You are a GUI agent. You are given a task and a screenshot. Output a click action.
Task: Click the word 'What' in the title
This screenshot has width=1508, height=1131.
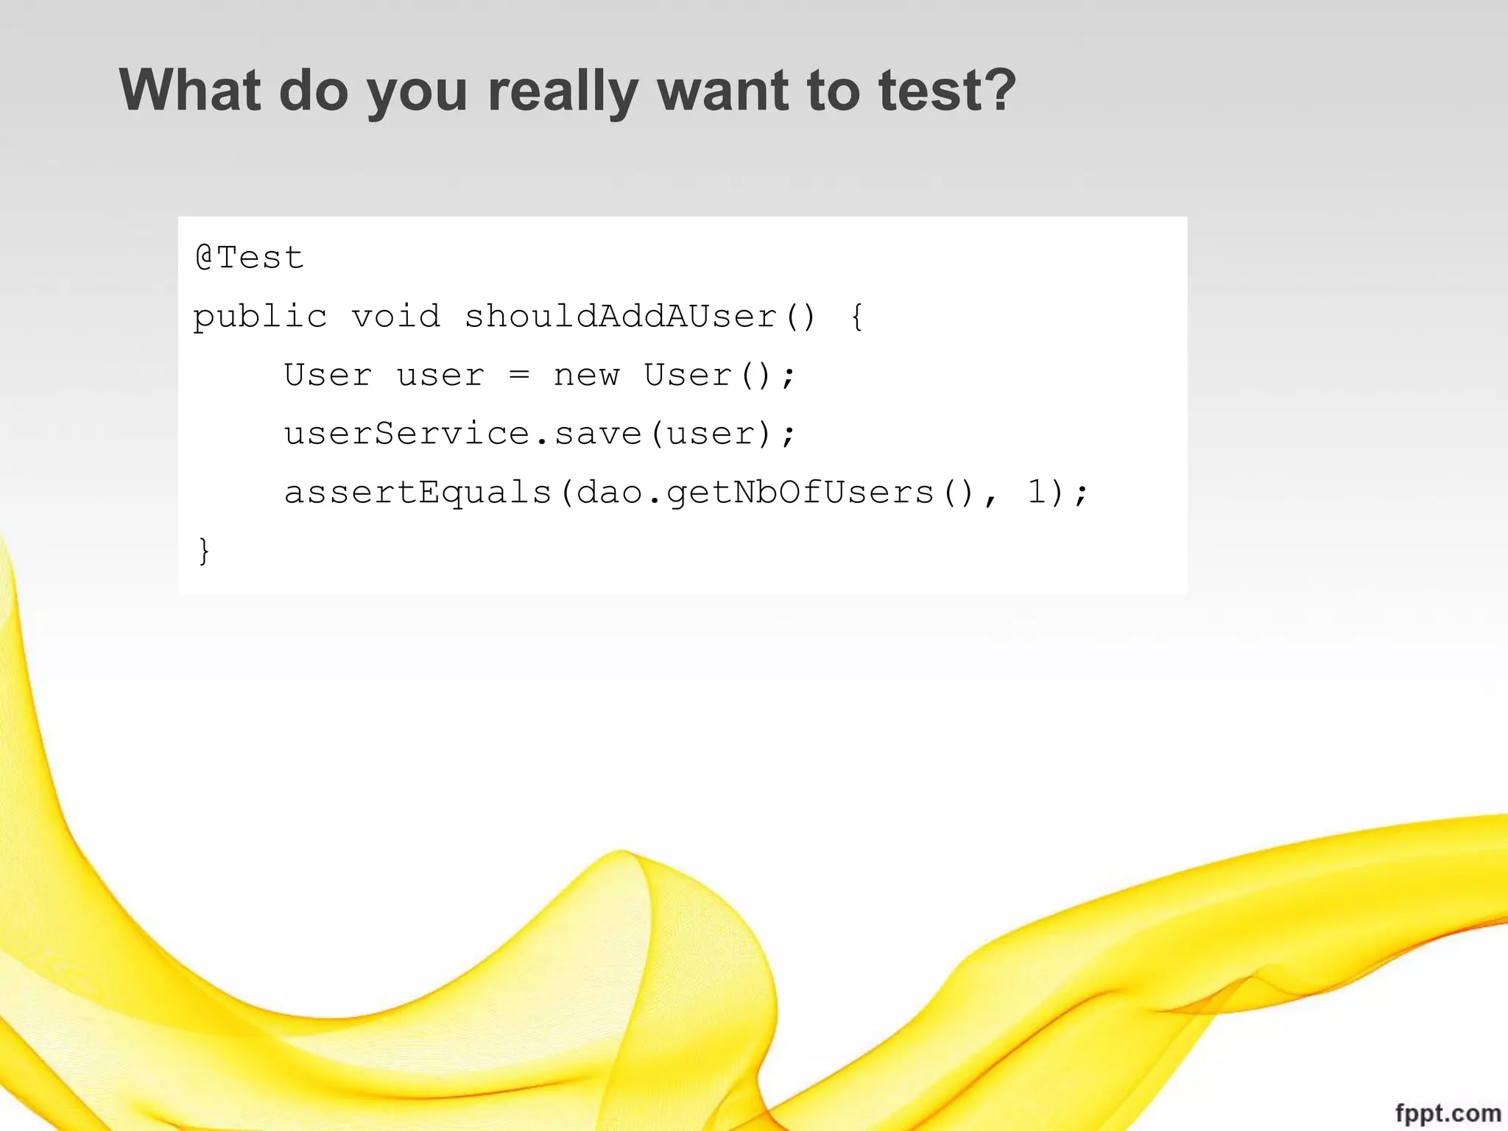coord(189,90)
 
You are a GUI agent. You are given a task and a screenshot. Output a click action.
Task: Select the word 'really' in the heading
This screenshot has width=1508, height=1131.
coord(563,91)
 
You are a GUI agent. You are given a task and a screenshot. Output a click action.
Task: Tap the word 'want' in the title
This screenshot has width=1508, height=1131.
coord(723,90)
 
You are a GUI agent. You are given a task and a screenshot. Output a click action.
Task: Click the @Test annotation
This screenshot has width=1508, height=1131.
coord(250,258)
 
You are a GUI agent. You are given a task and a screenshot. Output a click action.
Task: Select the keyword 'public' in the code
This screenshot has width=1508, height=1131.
coord(260,317)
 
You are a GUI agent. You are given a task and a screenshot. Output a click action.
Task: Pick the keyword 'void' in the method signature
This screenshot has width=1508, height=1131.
coord(395,317)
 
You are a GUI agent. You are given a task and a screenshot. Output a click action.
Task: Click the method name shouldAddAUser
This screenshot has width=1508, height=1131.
coord(621,317)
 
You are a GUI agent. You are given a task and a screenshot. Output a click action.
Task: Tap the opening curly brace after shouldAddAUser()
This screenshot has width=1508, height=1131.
coord(856,317)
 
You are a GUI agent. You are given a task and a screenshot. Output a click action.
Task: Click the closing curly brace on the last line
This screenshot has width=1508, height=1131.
coord(204,552)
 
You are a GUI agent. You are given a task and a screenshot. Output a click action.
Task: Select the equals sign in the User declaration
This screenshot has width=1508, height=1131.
coord(519,376)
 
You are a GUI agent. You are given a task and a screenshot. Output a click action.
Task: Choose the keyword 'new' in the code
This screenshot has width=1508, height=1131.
coord(586,376)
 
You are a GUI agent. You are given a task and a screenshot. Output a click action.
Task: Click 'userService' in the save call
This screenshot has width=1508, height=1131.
coord(406,434)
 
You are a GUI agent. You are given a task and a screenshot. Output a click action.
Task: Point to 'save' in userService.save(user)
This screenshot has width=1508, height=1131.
coord(597,434)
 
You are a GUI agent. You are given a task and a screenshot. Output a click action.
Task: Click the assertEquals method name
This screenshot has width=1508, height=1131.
coord(417,493)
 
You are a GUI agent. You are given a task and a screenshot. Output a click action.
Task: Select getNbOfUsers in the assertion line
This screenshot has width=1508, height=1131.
coord(800,493)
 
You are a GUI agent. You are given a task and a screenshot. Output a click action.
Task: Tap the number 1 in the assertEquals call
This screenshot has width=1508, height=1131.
coord(1036,492)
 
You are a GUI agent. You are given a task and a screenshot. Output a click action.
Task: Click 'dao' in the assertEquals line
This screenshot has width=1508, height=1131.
coord(610,493)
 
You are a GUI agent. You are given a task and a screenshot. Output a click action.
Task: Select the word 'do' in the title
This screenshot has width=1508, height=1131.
coord(314,90)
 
